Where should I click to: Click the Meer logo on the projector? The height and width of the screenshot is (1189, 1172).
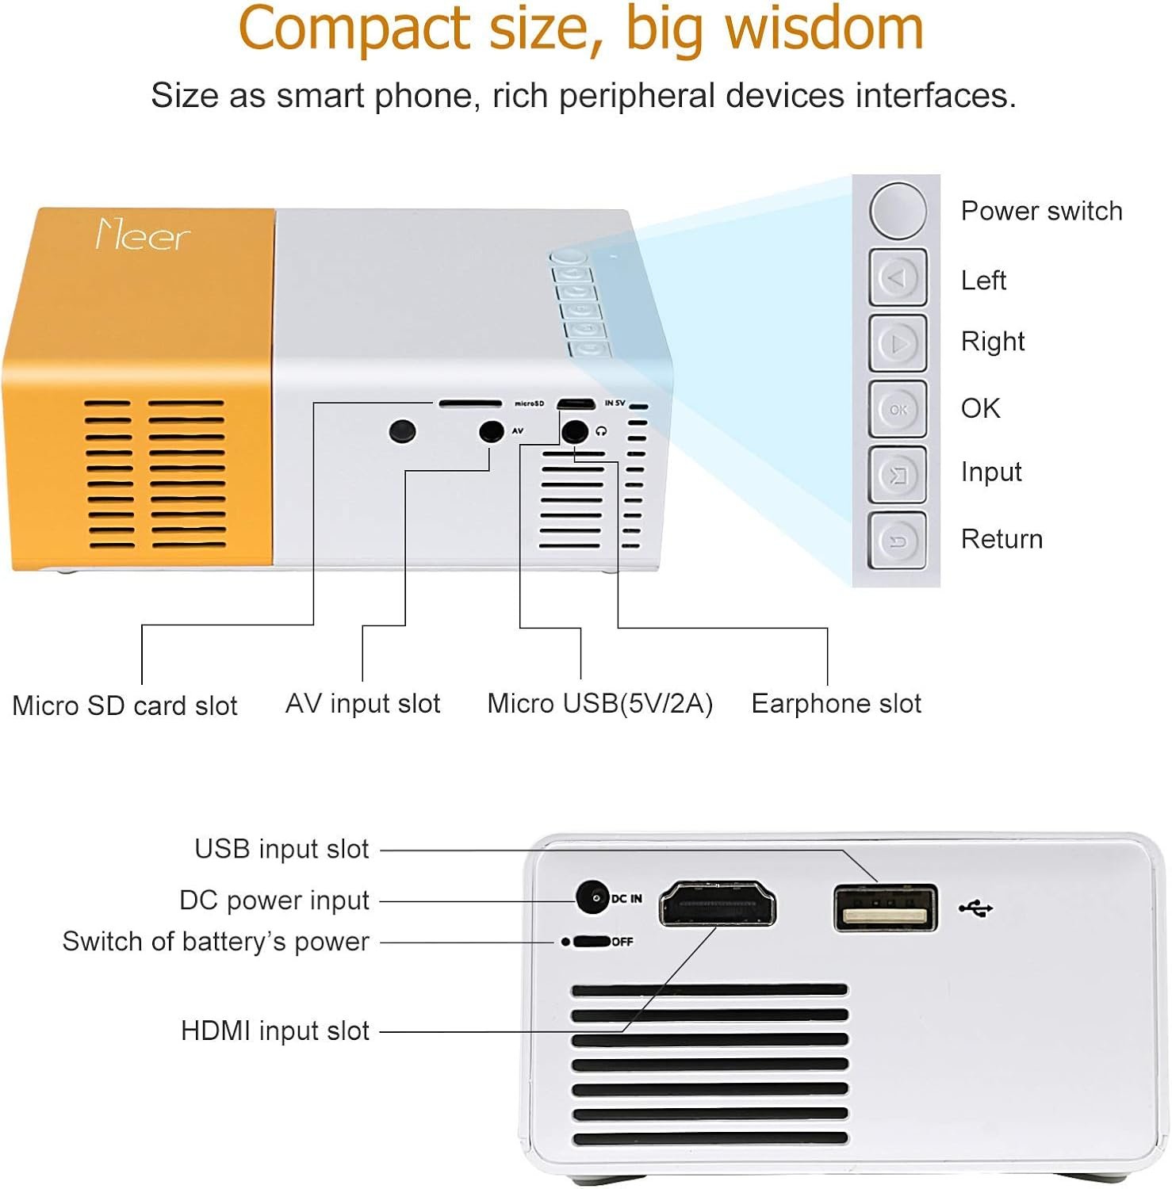pyautogui.click(x=143, y=235)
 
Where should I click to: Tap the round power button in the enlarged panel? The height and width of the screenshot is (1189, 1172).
pyautogui.click(x=898, y=210)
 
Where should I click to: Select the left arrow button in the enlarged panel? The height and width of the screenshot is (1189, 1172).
pyautogui.click(x=898, y=278)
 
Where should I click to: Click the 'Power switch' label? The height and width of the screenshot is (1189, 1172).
pyautogui.click(x=1041, y=211)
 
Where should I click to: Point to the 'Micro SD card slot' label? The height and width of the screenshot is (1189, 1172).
pyautogui.click(x=124, y=705)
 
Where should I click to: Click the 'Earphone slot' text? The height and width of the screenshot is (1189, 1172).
pyautogui.click(x=836, y=703)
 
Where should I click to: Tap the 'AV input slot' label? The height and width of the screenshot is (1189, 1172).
pyautogui.click(x=362, y=703)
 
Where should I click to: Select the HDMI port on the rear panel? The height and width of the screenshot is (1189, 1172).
pyautogui.click(x=718, y=904)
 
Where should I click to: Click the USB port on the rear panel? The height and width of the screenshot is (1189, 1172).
pyautogui.click(x=885, y=908)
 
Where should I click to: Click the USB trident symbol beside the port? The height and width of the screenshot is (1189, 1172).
pyautogui.click(x=975, y=908)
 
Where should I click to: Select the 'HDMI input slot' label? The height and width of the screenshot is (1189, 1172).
pyautogui.click(x=275, y=1030)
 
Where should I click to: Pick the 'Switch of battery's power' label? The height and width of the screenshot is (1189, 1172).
pyautogui.click(x=216, y=942)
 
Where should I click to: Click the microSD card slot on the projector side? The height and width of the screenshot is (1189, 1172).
pyautogui.click(x=470, y=403)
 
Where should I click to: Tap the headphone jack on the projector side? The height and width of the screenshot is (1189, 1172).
pyautogui.click(x=574, y=431)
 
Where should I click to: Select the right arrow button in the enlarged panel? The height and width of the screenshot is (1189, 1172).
pyautogui.click(x=898, y=343)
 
